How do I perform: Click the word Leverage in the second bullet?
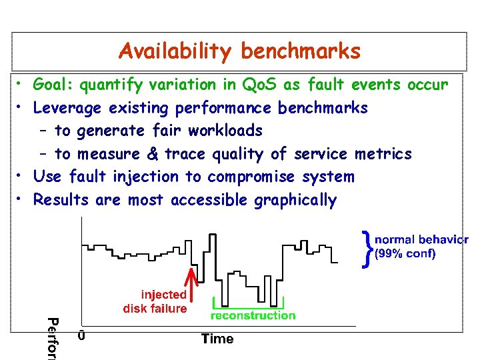(67, 108)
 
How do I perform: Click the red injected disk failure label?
(155, 301)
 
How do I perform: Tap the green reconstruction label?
(253, 315)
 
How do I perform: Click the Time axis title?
(217, 339)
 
